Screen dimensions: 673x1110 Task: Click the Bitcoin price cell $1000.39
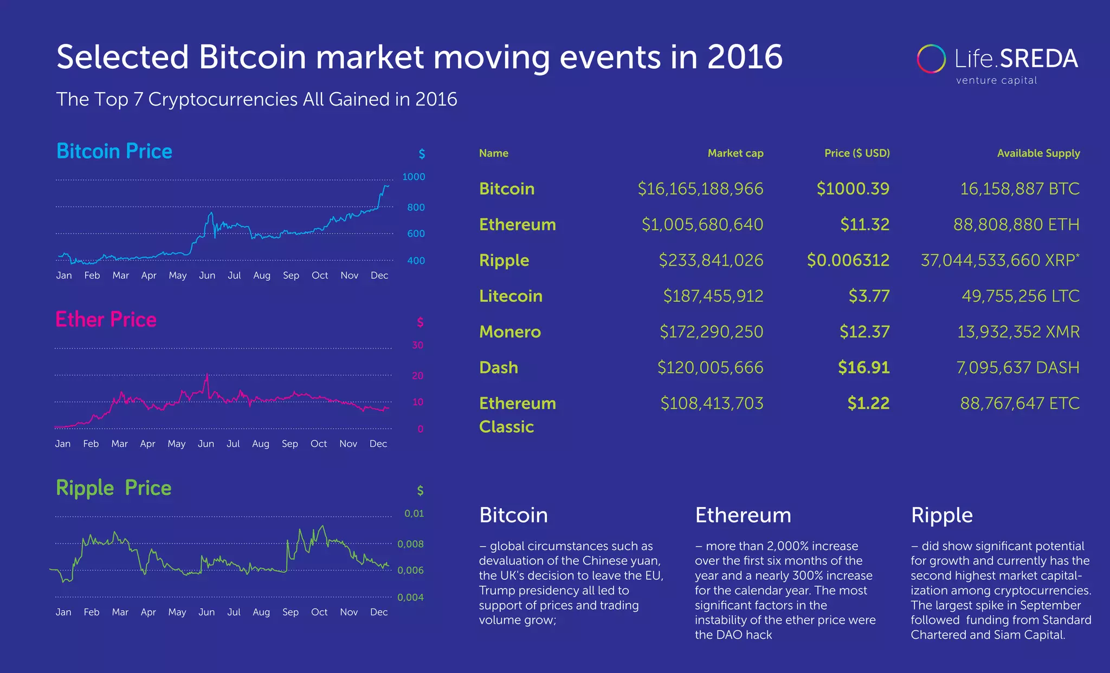tap(853, 189)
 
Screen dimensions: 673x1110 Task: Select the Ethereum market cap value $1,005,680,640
tap(702, 224)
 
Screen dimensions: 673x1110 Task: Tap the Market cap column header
tap(735, 153)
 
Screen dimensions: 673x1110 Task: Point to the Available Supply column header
tap(1038, 153)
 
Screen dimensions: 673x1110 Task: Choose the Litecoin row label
tap(511, 296)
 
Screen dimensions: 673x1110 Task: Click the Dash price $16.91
tap(863, 367)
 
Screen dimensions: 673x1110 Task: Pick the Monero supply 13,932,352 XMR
tap(1018, 332)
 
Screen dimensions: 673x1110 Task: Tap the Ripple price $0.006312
tap(848, 260)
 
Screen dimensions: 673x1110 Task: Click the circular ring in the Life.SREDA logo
tap(931, 59)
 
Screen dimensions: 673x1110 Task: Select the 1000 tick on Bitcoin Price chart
tap(414, 177)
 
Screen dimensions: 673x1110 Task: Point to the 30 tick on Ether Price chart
tap(417, 345)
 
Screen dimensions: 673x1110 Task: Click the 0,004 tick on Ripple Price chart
tap(410, 597)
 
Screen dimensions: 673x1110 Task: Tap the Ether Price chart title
tap(106, 320)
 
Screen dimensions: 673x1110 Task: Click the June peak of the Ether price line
tap(206, 375)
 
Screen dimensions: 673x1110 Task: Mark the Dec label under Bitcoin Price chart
tap(379, 275)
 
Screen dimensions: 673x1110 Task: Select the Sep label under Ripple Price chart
tap(290, 612)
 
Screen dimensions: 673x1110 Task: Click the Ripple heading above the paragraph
tap(941, 515)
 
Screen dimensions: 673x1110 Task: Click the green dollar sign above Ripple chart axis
tap(420, 491)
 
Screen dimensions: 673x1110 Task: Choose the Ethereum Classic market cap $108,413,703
tap(711, 403)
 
